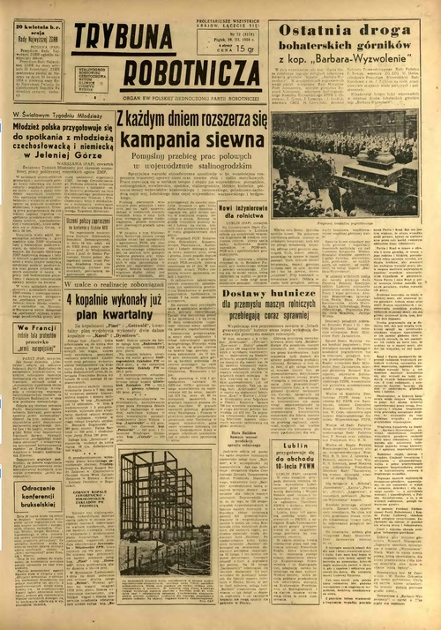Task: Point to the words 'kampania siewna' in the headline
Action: [192, 139]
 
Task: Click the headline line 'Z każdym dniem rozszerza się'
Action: [191, 120]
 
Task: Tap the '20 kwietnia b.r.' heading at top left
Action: [36, 29]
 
